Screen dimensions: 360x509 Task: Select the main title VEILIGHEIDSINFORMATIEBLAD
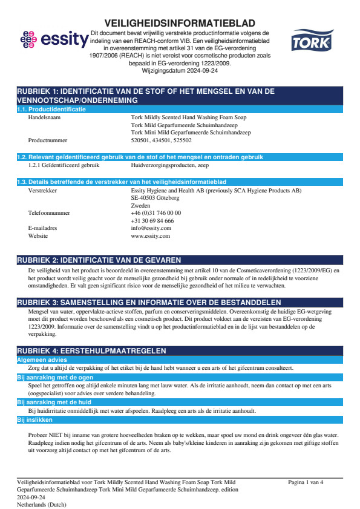(x=180, y=23)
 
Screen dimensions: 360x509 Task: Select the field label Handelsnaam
(x=45, y=118)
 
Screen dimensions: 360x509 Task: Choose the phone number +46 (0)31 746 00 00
(x=156, y=213)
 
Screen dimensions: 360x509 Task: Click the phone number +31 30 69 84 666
(x=152, y=221)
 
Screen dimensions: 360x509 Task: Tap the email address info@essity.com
(x=151, y=228)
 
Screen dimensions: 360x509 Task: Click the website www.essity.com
(x=151, y=236)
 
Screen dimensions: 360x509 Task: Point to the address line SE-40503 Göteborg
(x=155, y=198)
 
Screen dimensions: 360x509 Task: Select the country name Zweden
(x=141, y=206)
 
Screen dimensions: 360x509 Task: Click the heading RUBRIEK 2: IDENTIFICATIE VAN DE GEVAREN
(x=99, y=260)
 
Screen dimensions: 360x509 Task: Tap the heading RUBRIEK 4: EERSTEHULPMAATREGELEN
(x=91, y=350)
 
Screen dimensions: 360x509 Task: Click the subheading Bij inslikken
(x=34, y=419)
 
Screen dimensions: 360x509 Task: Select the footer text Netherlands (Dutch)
(x=42, y=504)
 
